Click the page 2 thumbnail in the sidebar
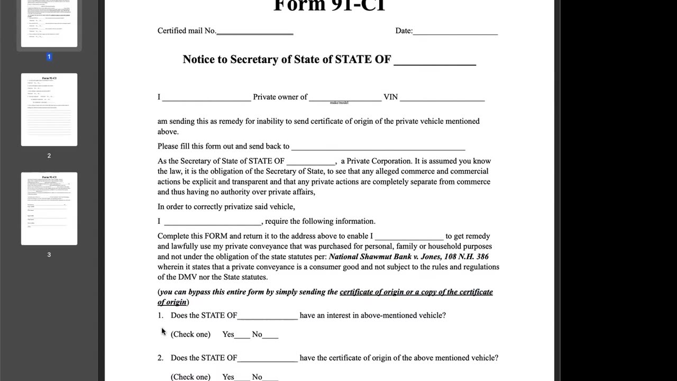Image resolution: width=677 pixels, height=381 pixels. click(x=49, y=110)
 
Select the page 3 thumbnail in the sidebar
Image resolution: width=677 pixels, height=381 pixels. click(x=49, y=208)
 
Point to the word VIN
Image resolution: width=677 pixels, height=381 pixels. click(x=390, y=97)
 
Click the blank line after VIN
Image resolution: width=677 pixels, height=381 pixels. click(x=442, y=98)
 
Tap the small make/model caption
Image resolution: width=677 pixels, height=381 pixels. click(x=339, y=103)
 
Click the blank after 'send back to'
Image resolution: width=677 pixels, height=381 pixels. click(x=378, y=148)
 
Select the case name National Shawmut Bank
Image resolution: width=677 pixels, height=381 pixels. click(x=373, y=257)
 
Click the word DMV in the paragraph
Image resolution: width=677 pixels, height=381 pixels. click(x=188, y=277)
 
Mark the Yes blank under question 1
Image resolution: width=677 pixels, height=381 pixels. click(x=242, y=335)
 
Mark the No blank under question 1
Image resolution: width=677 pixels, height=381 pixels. click(x=270, y=335)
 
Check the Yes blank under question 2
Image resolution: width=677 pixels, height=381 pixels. click(x=242, y=378)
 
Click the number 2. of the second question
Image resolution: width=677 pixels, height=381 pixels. click(x=160, y=358)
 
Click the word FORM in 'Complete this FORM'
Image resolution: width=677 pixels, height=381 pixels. click(x=216, y=236)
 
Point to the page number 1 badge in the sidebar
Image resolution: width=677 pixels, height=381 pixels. click(x=49, y=57)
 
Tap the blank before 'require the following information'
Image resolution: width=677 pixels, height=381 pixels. click(x=213, y=222)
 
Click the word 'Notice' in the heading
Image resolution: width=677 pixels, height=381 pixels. click(x=200, y=59)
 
